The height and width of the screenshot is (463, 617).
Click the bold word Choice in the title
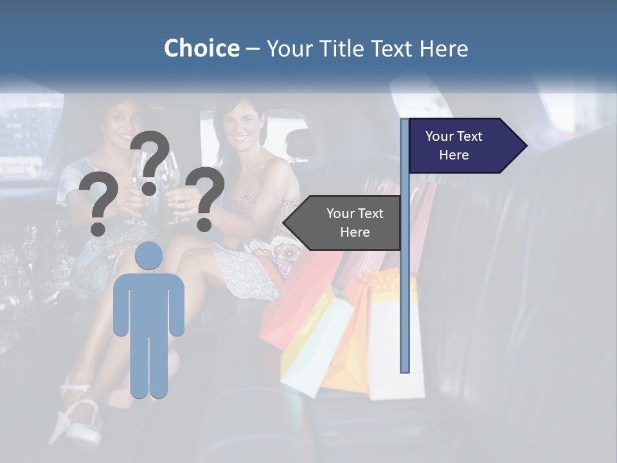point(201,48)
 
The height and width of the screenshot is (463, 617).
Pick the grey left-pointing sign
point(344,222)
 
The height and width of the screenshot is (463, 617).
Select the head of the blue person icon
point(149,255)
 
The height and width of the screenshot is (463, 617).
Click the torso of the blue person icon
point(149,302)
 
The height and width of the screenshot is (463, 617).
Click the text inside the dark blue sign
point(454,145)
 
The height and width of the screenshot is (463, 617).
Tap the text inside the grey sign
point(354,222)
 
